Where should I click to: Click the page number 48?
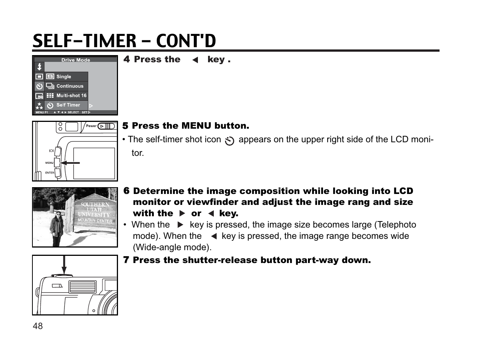(38, 326)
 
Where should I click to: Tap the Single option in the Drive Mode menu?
(64, 77)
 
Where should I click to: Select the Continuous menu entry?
(70, 86)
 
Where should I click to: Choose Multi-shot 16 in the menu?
(71, 95)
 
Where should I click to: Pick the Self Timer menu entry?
(68, 105)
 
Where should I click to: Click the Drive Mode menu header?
(76, 60)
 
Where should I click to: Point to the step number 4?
(127, 60)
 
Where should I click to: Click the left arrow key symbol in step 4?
(195, 60)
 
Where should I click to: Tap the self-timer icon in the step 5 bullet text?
(229, 141)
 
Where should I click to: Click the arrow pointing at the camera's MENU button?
(70, 163)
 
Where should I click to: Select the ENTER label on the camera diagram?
(50, 173)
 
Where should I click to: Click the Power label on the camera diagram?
(91, 126)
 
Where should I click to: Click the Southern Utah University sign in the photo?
(95, 212)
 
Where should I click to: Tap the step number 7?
(126, 260)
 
